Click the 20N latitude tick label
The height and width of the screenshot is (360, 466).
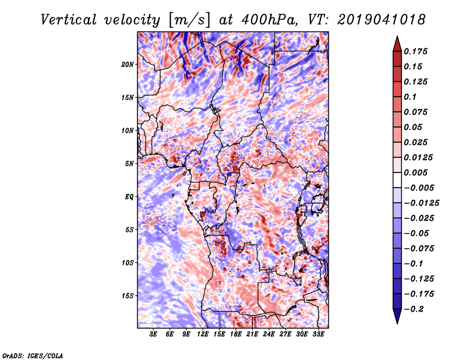click(128, 64)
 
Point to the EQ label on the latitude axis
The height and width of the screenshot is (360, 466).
click(129, 197)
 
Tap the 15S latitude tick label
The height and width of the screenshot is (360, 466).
click(128, 296)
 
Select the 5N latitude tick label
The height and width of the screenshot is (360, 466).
click(129, 164)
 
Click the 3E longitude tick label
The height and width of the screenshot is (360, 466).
click(154, 335)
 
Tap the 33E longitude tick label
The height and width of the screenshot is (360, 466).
click(318, 335)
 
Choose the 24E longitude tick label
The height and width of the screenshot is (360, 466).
click(269, 335)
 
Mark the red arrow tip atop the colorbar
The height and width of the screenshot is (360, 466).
click(396, 40)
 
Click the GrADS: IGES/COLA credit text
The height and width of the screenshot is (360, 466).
click(33, 355)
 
